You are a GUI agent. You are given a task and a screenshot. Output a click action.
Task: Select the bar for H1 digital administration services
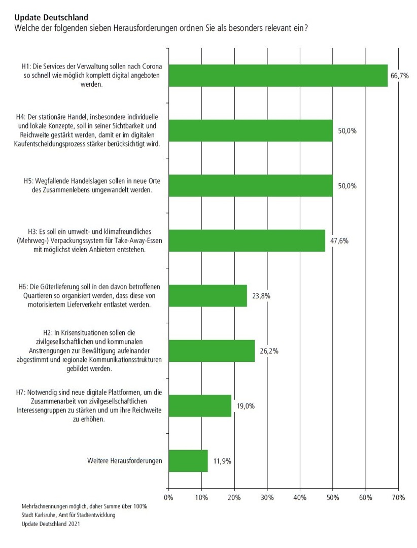tap(278, 76)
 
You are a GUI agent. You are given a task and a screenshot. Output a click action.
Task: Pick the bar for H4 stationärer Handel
tap(251, 130)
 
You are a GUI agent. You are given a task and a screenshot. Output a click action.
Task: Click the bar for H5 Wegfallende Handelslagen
tap(251, 186)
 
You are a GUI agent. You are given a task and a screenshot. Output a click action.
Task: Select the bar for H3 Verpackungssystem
tap(247, 241)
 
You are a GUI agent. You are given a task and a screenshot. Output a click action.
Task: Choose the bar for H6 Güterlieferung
tap(207, 295)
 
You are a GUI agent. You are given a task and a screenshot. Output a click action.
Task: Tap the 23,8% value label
tap(259, 295)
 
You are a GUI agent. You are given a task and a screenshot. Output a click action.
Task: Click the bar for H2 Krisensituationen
tap(212, 351)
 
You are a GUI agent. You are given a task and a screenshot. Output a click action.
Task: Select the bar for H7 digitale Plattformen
tap(200, 405)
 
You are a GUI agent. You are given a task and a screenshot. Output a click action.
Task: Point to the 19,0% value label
tap(244, 405)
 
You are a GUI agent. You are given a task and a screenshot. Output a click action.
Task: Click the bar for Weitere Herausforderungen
tap(188, 461)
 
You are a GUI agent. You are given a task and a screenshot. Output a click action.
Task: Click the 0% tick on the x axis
tap(169, 498)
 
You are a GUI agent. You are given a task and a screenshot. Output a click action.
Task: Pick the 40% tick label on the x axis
tap(300, 498)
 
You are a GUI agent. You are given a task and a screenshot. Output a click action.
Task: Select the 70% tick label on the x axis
tap(398, 498)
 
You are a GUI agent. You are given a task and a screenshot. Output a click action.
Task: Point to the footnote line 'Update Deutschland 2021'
tap(51, 525)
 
